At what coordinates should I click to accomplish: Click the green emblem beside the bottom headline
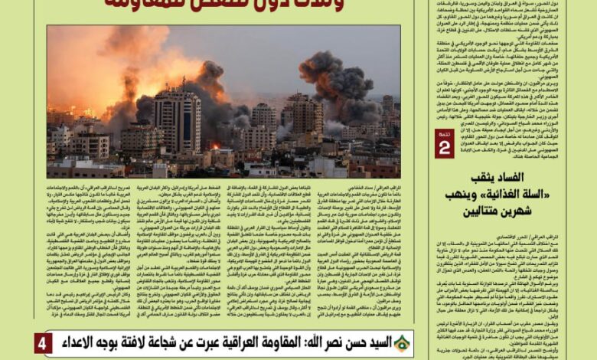coord(402,343)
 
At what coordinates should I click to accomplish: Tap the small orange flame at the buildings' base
coord(215,146)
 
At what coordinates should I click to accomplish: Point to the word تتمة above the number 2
coord(444,135)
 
